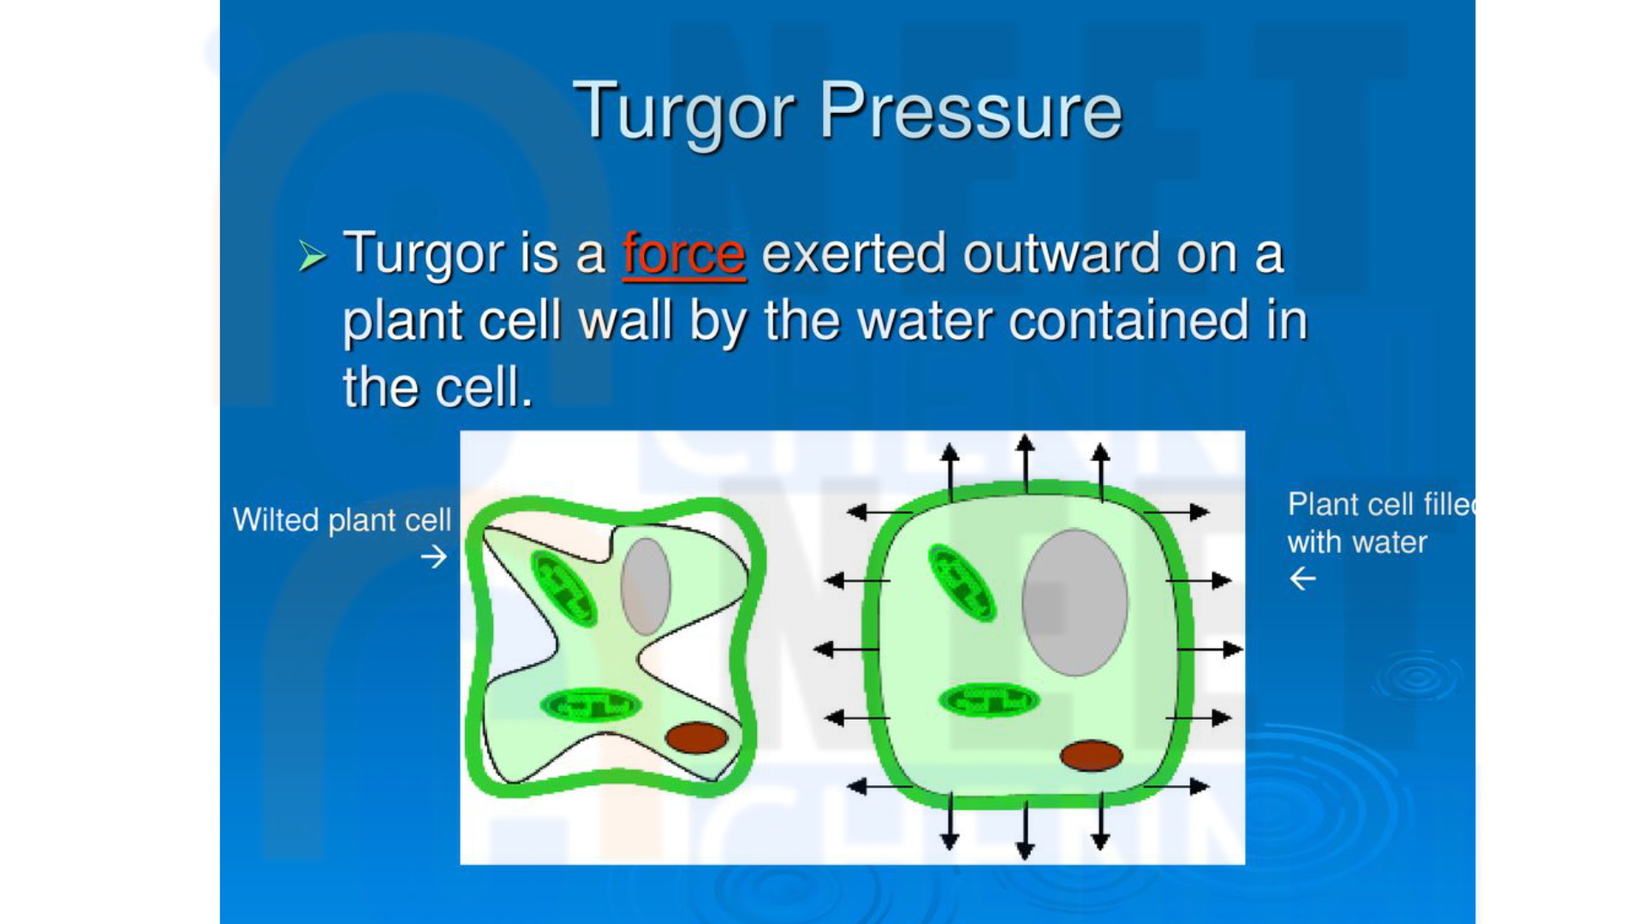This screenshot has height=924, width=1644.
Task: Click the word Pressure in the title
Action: click(971, 110)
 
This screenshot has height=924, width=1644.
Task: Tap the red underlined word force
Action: click(684, 254)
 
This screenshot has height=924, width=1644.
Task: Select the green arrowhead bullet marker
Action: click(313, 256)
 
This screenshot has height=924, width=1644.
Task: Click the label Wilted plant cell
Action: click(342, 520)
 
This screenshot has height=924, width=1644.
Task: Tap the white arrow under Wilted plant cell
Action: click(434, 557)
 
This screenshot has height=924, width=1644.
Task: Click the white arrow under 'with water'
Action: click(1302, 579)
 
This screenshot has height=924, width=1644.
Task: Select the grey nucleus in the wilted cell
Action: click(646, 587)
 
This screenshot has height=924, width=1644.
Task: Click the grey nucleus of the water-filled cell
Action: click(1075, 602)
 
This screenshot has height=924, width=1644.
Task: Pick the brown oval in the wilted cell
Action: click(696, 737)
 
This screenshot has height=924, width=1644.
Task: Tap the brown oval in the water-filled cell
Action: click(1091, 755)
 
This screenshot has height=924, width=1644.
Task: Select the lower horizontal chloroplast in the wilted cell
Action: click(591, 705)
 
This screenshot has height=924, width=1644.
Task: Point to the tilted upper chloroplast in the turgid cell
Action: click(962, 582)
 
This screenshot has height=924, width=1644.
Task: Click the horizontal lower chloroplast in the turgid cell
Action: click(989, 700)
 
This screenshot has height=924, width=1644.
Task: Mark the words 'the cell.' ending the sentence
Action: click(438, 388)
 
